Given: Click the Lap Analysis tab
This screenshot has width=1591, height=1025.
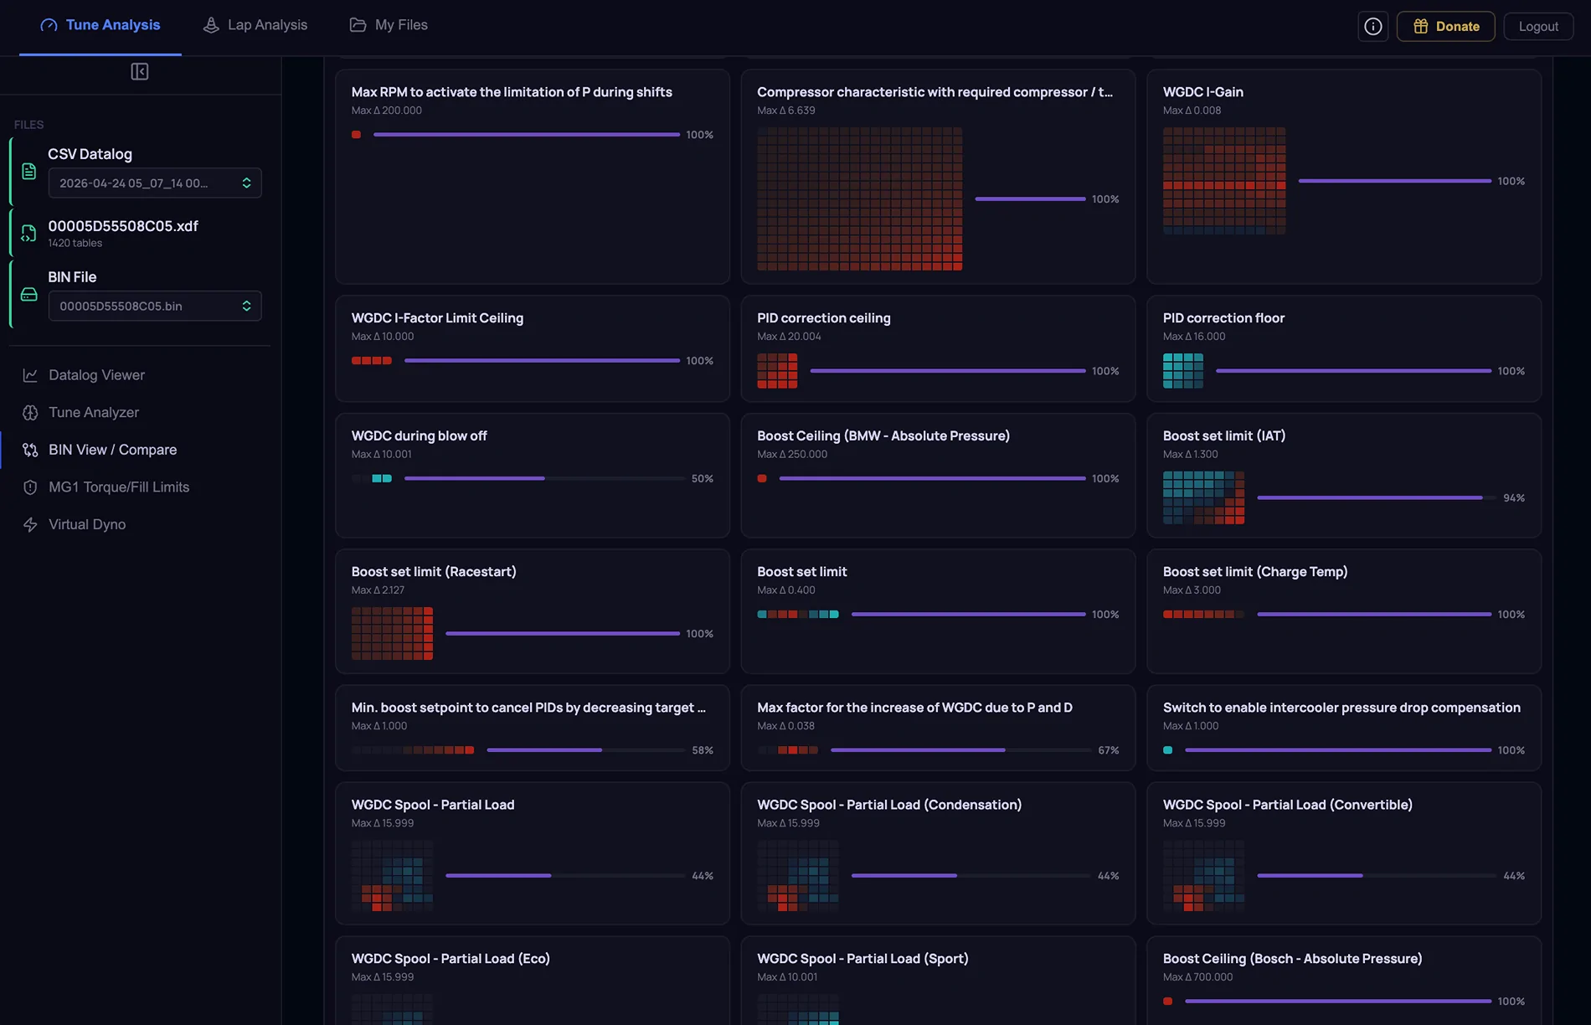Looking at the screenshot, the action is click(255, 25).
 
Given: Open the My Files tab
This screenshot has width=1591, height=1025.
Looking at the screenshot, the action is click(389, 25).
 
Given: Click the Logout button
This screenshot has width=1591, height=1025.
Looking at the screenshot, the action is click(1538, 26).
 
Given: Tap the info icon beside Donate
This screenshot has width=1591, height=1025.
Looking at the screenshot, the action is click(1373, 26).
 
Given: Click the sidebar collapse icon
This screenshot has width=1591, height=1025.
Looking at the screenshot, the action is click(140, 72).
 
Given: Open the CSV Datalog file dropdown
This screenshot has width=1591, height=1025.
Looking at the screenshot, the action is click(155, 183).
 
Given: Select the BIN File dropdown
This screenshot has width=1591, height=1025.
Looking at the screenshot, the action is click(155, 306).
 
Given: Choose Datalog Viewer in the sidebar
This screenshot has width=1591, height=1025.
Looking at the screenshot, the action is click(96, 375).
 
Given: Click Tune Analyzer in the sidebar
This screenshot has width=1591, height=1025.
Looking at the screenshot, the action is click(94, 412).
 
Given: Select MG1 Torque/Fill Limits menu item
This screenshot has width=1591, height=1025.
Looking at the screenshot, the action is click(119, 487).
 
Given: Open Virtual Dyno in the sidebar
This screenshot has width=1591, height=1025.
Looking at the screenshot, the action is click(87, 524).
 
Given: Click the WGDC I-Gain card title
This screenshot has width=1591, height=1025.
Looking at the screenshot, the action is click(1203, 92).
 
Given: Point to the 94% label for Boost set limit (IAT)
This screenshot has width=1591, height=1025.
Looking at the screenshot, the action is click(1514, 498).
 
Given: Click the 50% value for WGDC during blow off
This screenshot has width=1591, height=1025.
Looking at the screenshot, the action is click(703, 479).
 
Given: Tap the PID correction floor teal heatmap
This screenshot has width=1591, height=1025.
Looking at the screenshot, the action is click(1183, 371).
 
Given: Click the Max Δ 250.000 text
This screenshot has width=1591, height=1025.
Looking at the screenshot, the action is click(792, 455).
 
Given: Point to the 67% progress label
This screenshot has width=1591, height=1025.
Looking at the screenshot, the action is click(1109, 750).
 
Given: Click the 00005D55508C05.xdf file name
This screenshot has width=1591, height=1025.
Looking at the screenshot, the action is click(123, 226).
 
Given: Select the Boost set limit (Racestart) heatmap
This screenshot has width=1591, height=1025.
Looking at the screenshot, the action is click(393, 634).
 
